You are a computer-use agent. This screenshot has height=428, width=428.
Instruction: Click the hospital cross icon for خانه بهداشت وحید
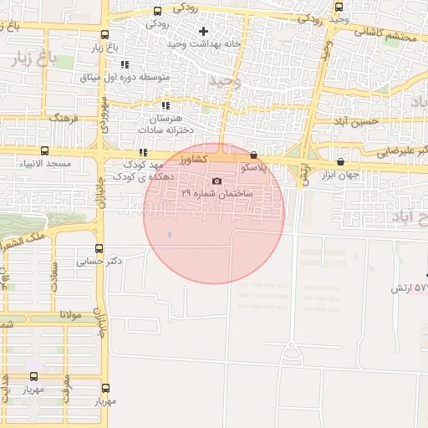click(x=202, y=31)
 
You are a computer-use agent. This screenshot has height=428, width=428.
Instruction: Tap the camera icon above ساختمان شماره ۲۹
click(x=217, y=181)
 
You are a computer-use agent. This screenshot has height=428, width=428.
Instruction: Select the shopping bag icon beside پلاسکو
click(x=253, y=155)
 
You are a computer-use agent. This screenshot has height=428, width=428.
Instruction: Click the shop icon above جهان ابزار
click(x=340, y=162)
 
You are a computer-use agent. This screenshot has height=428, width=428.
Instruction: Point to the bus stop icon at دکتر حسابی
click(x=99, y=248)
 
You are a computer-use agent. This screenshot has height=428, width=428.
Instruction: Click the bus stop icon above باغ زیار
click(x=104, y=35)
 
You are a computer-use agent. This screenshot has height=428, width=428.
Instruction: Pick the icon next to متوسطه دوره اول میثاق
click(x=125, y=64)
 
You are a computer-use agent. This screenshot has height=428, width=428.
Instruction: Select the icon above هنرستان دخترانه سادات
click(x=166, y=105)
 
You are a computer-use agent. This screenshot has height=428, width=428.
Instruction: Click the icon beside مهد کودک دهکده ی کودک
click(x=143, y=152)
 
